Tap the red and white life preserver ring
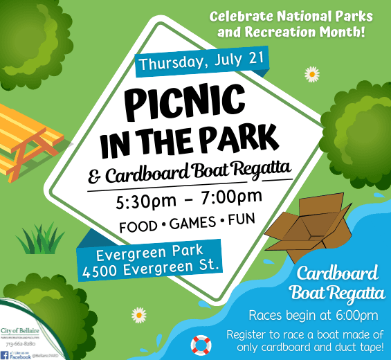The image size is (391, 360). pos(201,343)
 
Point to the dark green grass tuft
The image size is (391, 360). pos(40,239)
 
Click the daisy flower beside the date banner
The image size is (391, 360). pos(311,73)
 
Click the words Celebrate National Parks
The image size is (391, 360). pos(291,16)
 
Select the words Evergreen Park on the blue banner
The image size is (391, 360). pos(149,251)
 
